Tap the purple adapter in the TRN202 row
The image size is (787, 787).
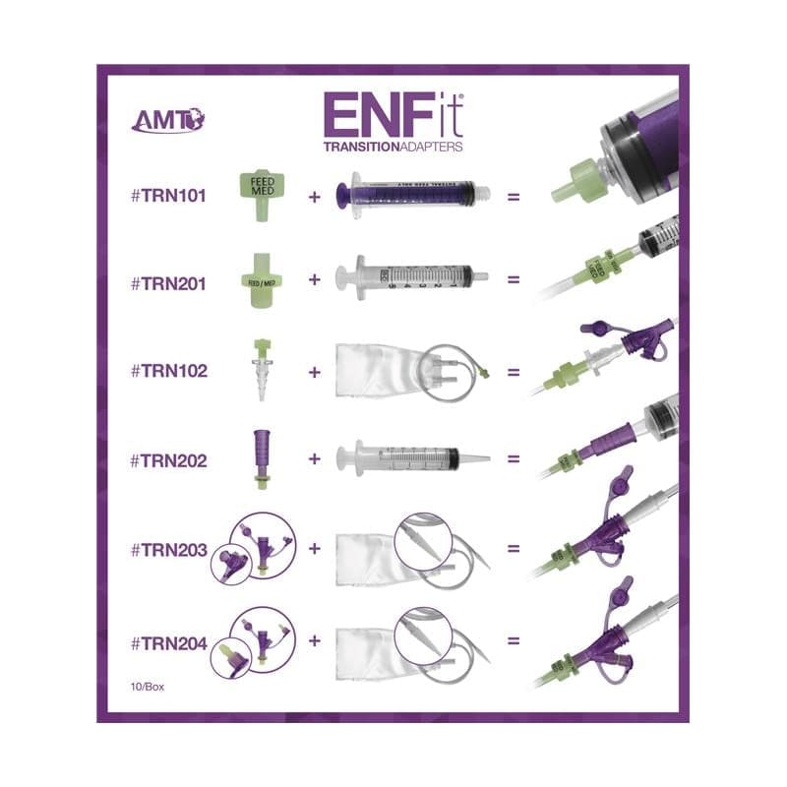(261, 457)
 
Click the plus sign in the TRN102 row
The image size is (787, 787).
(315, 373)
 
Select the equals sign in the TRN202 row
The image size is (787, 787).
(513, 458)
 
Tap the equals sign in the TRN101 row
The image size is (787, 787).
(513, 196)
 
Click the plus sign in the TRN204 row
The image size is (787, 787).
(315, 640)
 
